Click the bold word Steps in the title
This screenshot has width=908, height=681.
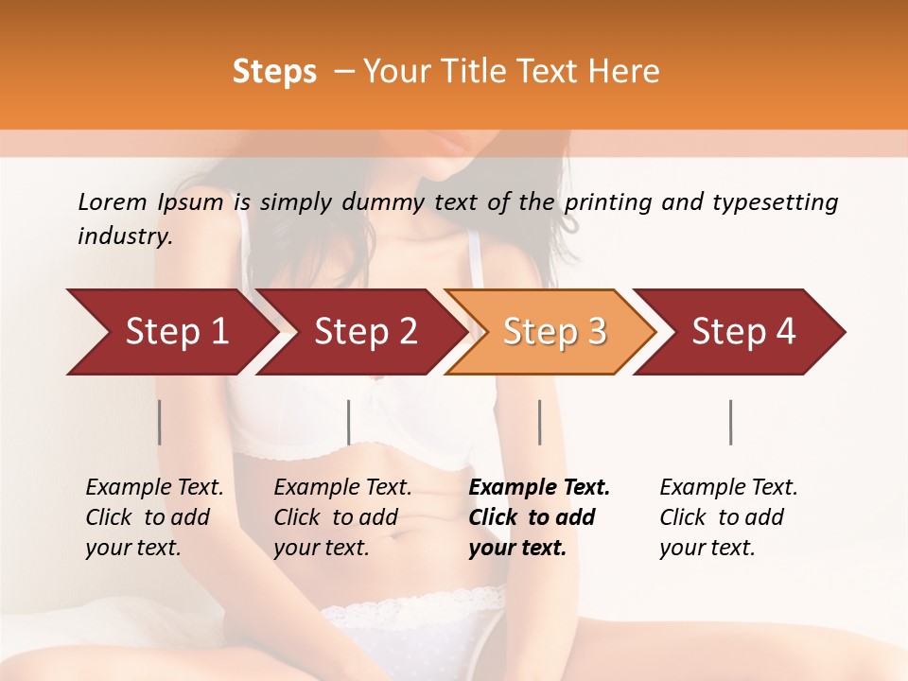(x=274, y=72)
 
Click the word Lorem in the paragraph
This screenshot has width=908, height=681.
(x=112, y=201)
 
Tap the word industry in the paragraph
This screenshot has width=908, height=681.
(x=124, y=236)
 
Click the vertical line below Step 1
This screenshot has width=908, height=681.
(x=160, y=422)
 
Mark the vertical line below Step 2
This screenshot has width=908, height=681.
(x=349, y=422)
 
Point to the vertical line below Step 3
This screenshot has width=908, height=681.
(x=540, y=422)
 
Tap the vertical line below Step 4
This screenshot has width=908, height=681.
(x=731, y=422)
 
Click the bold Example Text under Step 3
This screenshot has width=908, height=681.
(x=539, y=488)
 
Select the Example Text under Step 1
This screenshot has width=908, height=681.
(x=154, y=488)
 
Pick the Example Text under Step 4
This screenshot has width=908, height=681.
(x=728, y=488)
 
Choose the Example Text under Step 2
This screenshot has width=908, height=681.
(x=342, y=488)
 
